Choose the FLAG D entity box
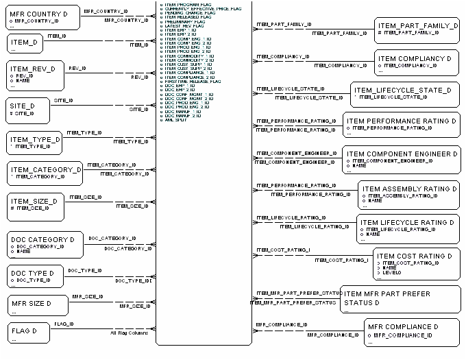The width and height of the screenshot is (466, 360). [29, 333]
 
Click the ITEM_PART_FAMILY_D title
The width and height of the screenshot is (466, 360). [417, 25]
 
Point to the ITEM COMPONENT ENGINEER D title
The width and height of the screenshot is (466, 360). [402, 154]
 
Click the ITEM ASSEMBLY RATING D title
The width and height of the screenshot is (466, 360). [409, 189]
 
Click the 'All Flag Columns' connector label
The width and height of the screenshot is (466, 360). [130, 333]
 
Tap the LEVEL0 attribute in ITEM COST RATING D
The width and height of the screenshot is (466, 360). [393, 272]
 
